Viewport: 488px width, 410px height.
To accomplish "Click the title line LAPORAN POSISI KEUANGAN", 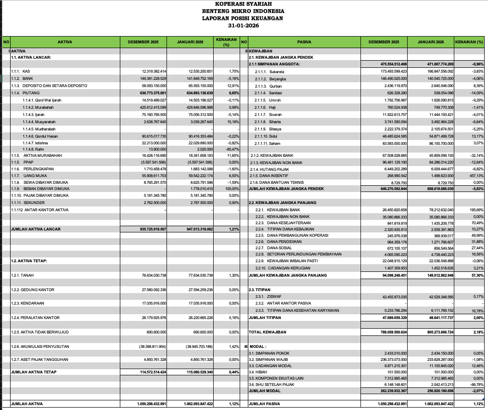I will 243,18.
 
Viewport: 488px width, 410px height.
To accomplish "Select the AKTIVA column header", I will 64,42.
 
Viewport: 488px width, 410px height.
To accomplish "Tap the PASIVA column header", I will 304,42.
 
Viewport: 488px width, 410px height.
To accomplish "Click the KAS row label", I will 26,71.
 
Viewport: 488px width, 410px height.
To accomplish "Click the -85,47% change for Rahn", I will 232,150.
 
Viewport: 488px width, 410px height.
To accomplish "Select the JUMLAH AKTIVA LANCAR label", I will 36,229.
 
